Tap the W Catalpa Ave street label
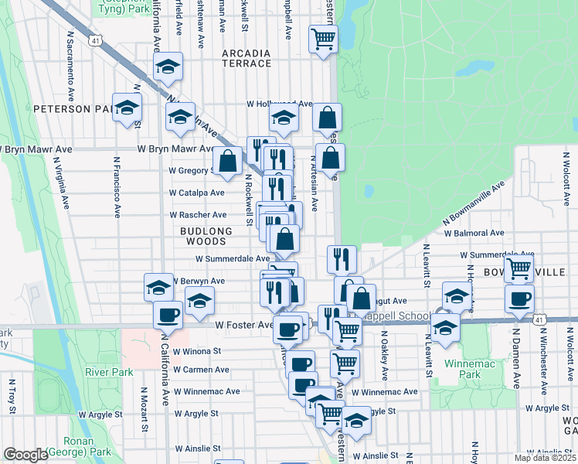(x=197, y=193)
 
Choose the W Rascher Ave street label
(x=198, y=214)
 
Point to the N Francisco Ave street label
(x=117, y=189)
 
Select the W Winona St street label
(x=196, y=350)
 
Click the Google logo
(x=25, y=455)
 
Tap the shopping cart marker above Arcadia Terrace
(x=323, y=39)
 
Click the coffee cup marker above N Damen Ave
(x=518, y=299)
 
